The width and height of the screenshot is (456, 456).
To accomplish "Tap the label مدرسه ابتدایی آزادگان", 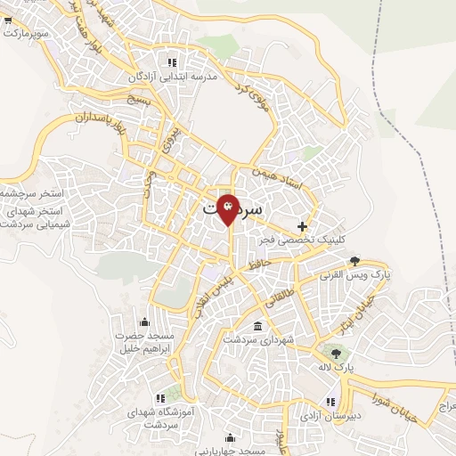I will tap(174, 77).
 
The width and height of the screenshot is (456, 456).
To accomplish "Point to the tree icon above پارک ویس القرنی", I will tap(355, 260).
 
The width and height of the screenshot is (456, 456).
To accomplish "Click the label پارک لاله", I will tap(338, 367).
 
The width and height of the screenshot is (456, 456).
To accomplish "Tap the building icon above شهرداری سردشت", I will tap(257, 325).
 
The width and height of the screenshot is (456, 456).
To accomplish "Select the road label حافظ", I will tap(258, 265).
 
